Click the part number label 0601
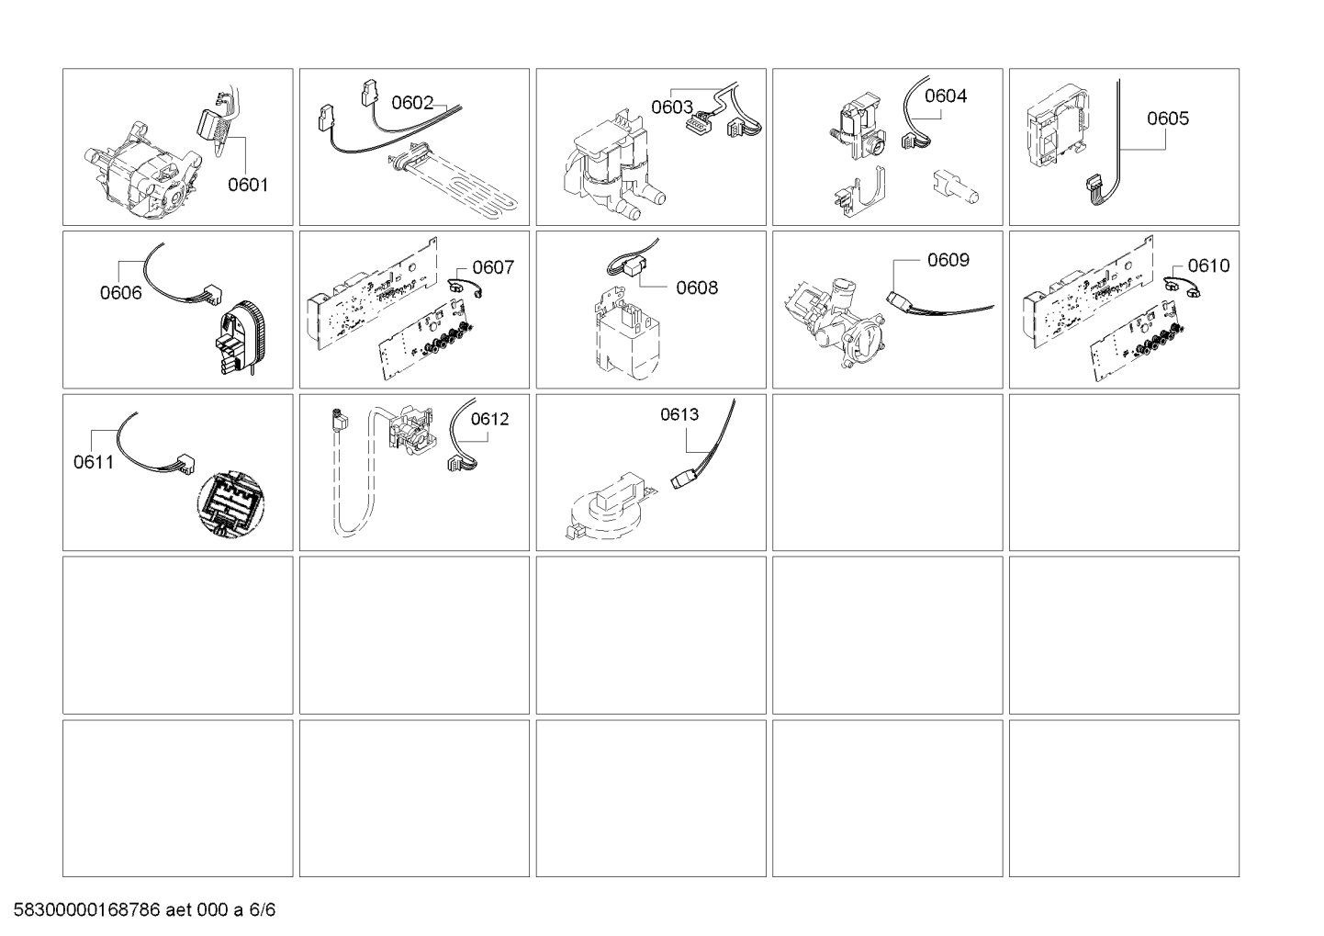248,185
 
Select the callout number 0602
412,103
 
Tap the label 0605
1167,118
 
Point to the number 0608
697,288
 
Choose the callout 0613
679,414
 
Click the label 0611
94,462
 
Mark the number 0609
948,260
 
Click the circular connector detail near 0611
230,504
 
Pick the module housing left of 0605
1058,126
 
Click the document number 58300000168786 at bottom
87,909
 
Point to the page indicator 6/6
262,909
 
